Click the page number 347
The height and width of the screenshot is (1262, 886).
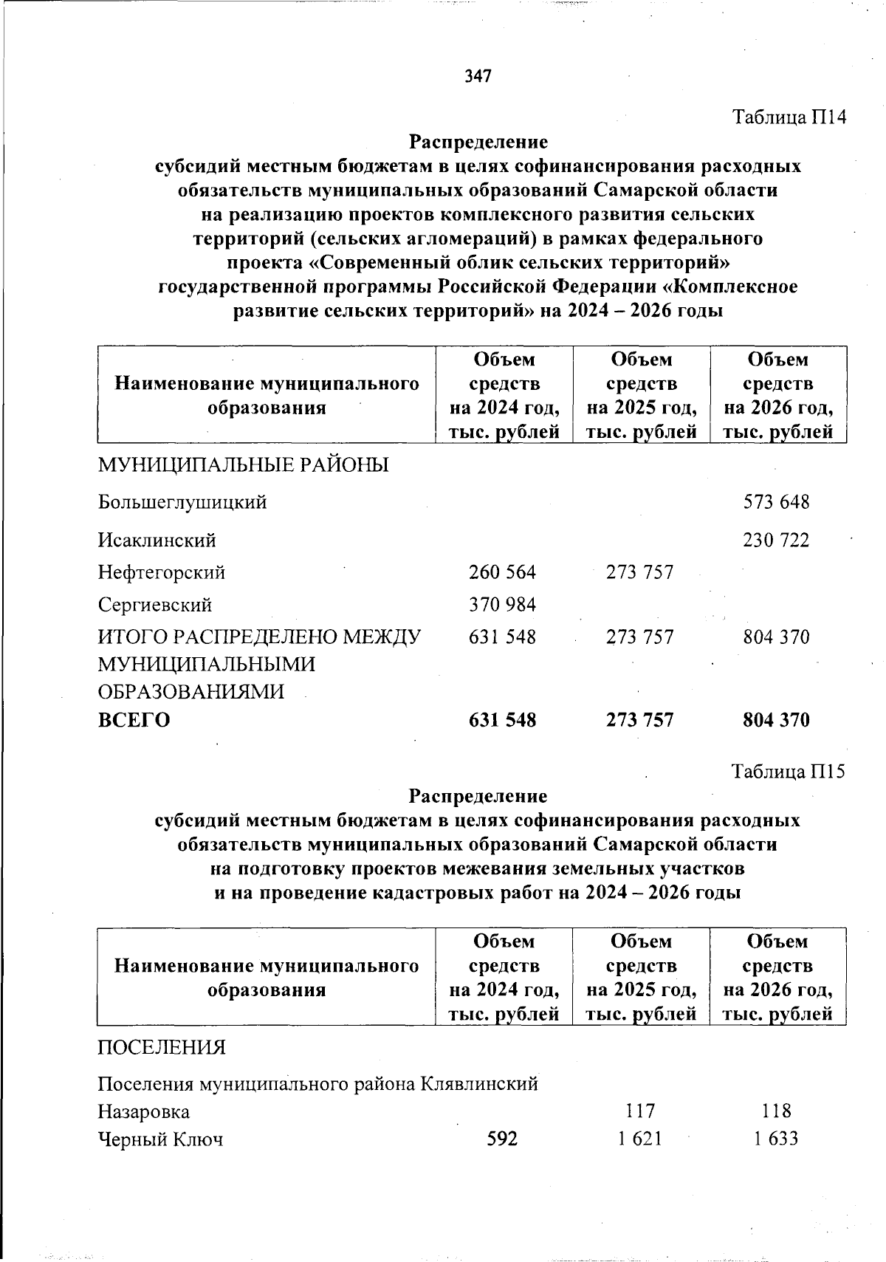478,76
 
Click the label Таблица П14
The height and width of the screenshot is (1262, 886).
788,117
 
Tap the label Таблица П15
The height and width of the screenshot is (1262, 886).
787,772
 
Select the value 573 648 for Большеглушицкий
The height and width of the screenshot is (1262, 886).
775,503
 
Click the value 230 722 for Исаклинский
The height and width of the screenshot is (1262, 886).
775,541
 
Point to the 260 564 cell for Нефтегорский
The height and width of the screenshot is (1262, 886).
502,572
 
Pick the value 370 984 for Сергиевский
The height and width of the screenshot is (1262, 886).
502,605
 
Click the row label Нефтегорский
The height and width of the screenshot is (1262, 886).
162,572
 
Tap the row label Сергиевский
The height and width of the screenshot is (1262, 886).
155,605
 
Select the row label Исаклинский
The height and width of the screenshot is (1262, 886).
157,541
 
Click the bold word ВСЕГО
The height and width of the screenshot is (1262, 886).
134,720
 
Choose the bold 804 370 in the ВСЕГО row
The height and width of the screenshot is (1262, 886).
775,720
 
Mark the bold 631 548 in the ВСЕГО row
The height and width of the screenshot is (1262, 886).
502,720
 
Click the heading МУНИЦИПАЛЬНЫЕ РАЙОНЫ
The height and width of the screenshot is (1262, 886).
244,465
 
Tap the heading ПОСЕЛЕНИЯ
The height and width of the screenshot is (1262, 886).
162,1048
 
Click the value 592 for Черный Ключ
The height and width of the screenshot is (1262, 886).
502,1139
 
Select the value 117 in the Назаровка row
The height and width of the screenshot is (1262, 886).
639,1111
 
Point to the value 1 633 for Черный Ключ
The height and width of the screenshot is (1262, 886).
775,1139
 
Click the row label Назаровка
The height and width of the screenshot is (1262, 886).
144,1111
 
